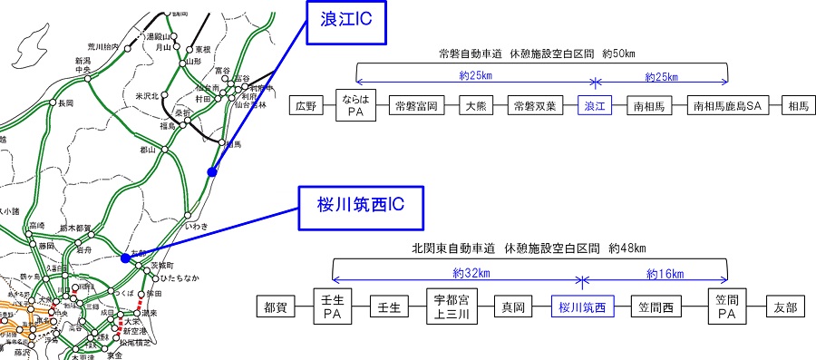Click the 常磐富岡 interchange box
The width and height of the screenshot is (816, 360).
417,106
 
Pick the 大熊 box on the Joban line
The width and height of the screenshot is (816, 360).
475,106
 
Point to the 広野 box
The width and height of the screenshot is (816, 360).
306,106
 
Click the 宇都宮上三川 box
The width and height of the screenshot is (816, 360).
452,306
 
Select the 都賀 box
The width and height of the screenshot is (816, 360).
277,306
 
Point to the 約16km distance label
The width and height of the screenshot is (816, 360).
665,273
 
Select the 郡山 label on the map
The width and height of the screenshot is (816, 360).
149,149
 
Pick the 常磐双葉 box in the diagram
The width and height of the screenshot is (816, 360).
531,106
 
